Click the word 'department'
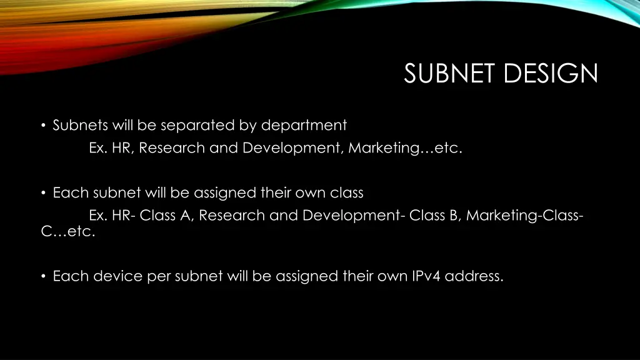point(304,126)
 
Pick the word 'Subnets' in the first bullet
point(81,126)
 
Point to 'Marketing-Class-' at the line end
point(526,216)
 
